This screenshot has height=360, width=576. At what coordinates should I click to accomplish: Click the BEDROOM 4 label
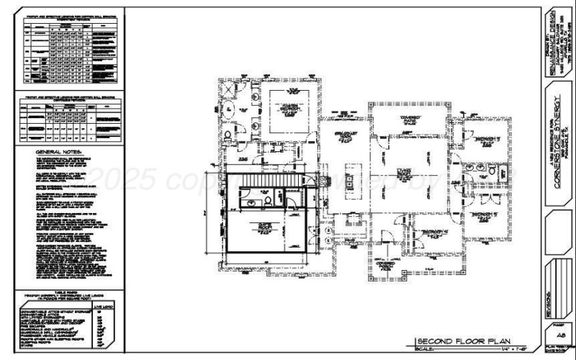(x=432, y=231)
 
